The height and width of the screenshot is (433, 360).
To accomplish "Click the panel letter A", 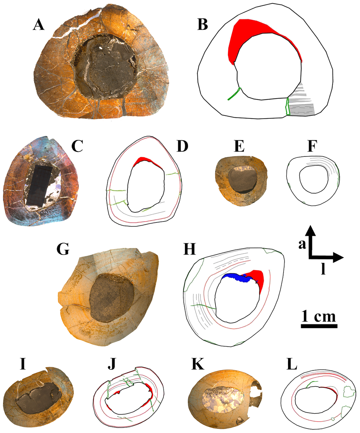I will tap(39, 24).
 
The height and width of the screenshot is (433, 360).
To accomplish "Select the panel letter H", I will tap(190, 249).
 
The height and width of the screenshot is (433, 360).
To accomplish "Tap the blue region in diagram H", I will tap(235, 277).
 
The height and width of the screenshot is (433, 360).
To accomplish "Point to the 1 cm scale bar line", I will tap(319, 326).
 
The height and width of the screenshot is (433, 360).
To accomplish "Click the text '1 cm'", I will tap(319, 316).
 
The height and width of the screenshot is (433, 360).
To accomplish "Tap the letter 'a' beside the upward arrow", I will tap(302, 245).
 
